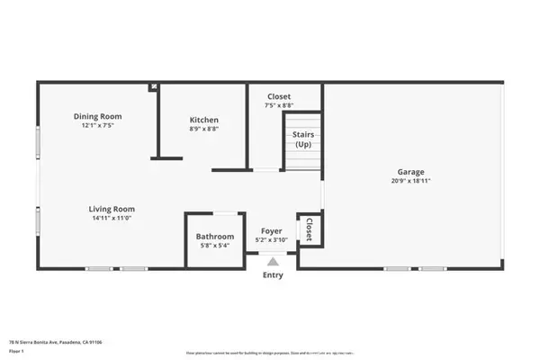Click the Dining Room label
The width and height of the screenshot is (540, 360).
[x=97, y=116]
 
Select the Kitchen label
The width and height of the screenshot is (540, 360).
[x=204, y=120]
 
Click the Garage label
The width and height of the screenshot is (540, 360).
[x=411, y=172]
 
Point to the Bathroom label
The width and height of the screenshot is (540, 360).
[x=215, y=237]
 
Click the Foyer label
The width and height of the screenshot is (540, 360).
[x=272, y=231]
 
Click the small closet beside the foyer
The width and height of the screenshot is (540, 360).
[x=310, y=229]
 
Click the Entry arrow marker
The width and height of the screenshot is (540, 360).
[x=272, y=261]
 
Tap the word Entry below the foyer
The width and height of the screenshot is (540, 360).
[x=272, y=275]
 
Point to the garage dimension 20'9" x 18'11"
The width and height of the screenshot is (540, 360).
[x=411, y=181]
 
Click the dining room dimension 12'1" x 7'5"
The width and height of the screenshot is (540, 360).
[x=97, y=125]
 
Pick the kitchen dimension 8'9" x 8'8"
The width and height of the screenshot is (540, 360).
[x=204, y=129]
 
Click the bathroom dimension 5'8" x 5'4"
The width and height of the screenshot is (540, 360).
[x=215, y=246]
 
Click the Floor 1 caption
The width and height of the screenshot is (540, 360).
[x=16, y=351]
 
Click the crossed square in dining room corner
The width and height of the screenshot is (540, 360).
[x=154, y=87]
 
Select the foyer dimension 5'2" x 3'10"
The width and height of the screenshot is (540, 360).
[x=272, y=240]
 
